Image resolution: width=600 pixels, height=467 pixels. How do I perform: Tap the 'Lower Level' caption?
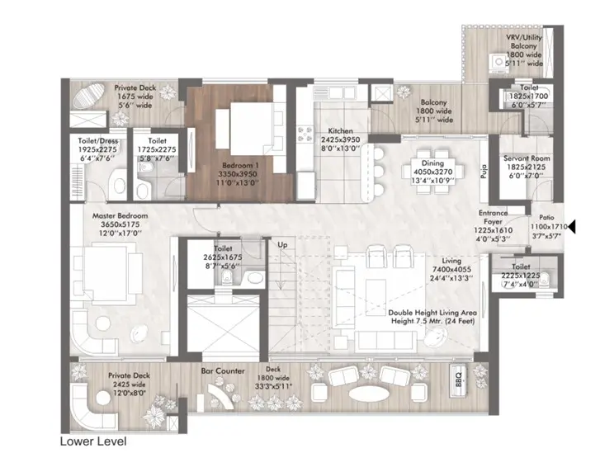pos(93,442)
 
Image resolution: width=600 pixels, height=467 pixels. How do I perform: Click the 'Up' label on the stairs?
pos(282,246)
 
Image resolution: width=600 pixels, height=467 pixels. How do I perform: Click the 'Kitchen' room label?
pos(341,131)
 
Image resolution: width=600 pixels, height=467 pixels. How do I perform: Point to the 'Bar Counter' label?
pos(223,371)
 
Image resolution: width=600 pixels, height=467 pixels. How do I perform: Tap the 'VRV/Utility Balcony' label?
pos(526,41)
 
